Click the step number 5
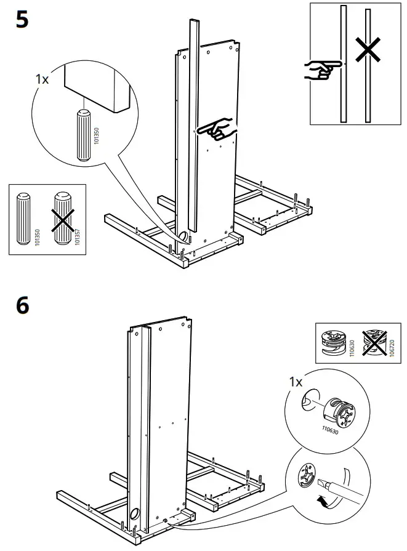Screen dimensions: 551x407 (x=22, y=20)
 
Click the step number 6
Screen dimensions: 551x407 (x=22, y=306)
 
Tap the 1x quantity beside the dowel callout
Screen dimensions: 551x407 (x=42, y=80)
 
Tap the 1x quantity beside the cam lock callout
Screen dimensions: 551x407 (x=296, y=382)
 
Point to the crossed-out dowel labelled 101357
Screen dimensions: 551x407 (x=62, y=219)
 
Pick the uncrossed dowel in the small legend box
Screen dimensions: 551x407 (x=24, y=219)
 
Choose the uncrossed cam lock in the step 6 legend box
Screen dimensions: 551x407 (x=333, y=342)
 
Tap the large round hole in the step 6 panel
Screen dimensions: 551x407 (x=135, y=514)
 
